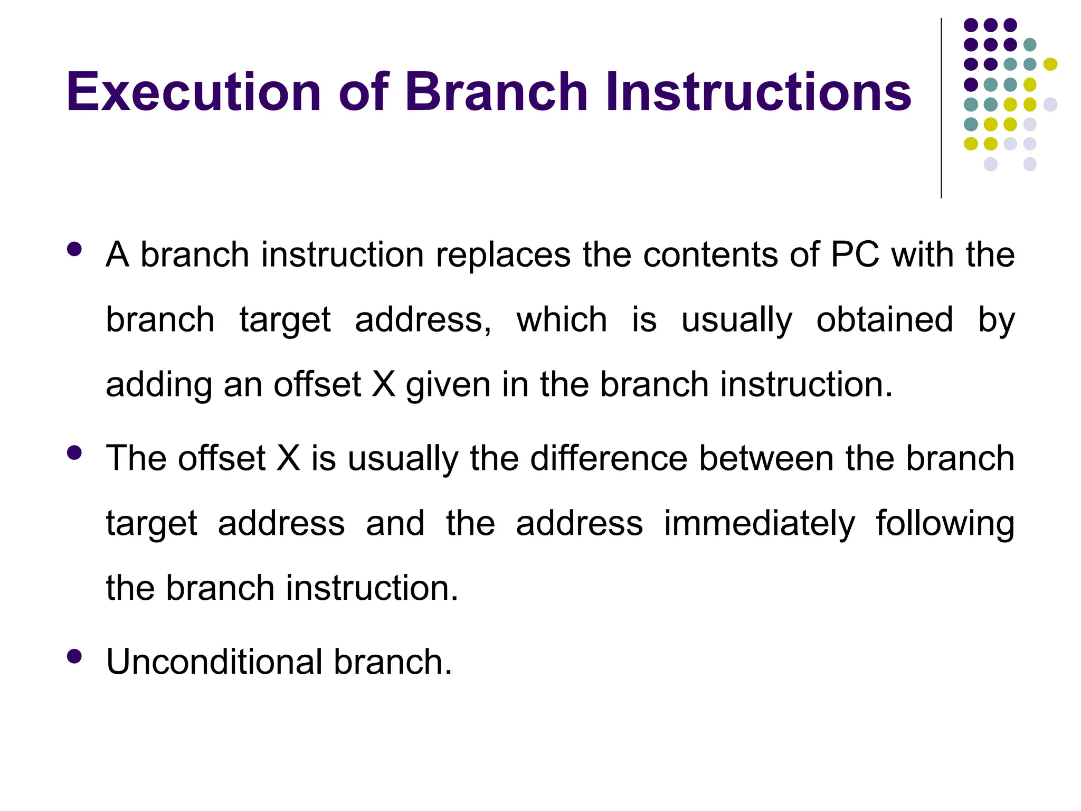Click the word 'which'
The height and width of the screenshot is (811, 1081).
pos(562,320)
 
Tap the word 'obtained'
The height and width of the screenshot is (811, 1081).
pos(885,320)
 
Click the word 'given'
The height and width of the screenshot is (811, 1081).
pos(448,385)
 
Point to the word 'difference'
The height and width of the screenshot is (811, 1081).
pos(609,458)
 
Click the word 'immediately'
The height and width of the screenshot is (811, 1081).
pos(759,524)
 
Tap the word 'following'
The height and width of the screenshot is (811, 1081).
pos(945,524)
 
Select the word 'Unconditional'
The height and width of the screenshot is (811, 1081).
pos(214,662)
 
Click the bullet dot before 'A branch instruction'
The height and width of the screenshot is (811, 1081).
pos(74,249)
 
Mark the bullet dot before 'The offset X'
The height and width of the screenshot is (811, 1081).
pos(74,453)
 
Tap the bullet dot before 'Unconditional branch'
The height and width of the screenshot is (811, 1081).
pos(74,656)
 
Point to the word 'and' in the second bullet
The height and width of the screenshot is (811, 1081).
pos(395,524)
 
